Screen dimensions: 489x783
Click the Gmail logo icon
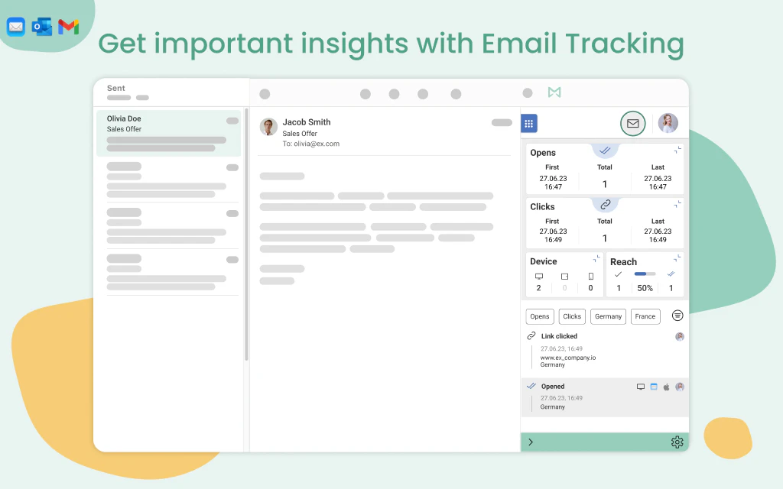click(69, 27)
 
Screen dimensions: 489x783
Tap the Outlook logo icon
click(42, 27)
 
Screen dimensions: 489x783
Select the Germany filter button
click(608, 316)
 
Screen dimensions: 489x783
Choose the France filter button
click(645, 316)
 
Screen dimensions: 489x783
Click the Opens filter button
click(540, 316)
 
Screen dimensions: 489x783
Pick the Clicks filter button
click(572, 316)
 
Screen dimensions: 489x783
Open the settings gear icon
click(677, 442)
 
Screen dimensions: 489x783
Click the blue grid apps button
click(528, 123)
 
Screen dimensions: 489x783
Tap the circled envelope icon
click(632, 123)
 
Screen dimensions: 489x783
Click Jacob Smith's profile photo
click(268, 127)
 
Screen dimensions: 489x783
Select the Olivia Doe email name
click(124, 118)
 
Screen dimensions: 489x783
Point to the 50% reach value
click(645, 288)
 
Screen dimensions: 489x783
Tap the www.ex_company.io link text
click(567, 357)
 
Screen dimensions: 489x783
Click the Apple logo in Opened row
click(666, 387)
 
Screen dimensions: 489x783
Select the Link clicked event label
click(559, 336)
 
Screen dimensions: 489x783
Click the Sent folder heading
click(116, 89)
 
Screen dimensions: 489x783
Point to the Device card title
click(544, 261)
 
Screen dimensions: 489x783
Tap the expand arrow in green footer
click(531, 442)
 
